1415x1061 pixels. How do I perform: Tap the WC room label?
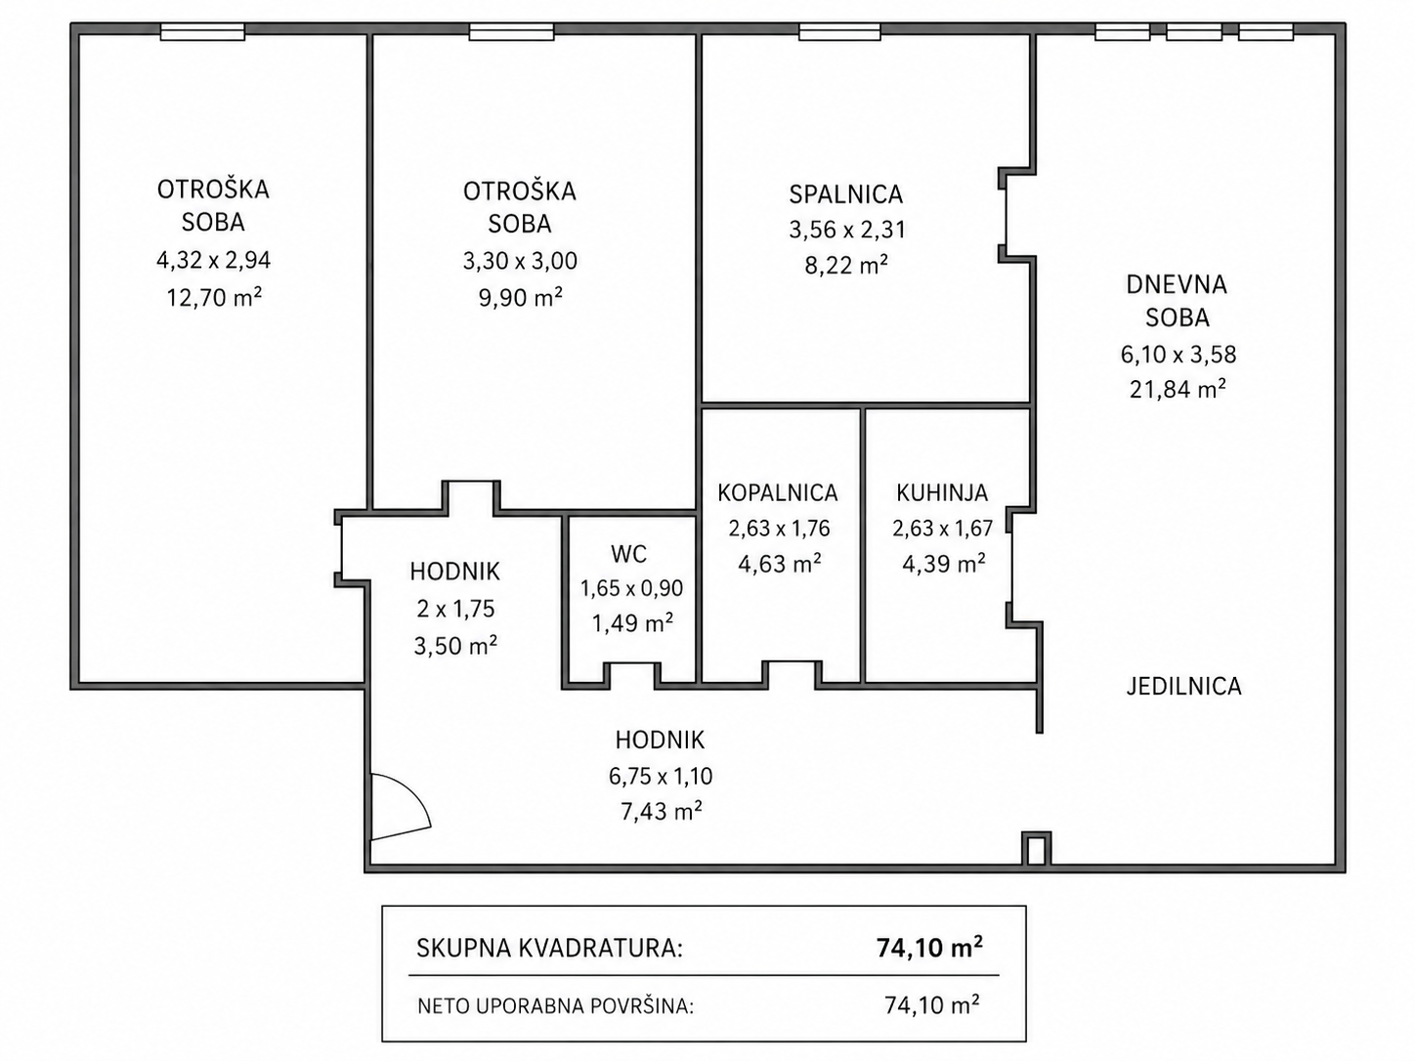tap(628, 554)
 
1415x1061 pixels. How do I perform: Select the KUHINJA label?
tap(942, 492)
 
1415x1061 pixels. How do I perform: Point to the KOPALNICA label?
tap(778, 492)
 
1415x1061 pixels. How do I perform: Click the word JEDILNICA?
tap(1183, 687)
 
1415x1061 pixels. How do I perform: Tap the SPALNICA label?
tap(846, 194)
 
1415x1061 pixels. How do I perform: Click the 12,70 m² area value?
tap(214, 297)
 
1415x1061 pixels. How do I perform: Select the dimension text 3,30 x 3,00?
tap(520, 261)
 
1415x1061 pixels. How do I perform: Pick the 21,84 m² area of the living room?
tap(1178, 390)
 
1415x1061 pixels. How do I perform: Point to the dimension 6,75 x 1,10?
tap(661, 777)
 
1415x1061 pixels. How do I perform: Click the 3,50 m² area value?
tap(455, 645)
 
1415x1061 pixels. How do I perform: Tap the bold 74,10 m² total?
tap(929, 948)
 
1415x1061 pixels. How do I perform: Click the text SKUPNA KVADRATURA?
tap(549, 949)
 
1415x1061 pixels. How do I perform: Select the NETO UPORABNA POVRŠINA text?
tap(556, 1005)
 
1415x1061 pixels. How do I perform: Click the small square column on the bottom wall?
tap(1036, 850)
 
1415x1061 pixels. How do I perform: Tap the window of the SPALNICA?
tap(839, 31)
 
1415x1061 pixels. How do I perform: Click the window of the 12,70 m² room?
tap(202, 31)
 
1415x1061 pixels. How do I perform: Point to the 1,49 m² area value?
tap(632, 622)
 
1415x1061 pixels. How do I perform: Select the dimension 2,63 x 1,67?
tap(942, 529)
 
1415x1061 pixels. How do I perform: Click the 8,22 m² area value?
tap(846, 265)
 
